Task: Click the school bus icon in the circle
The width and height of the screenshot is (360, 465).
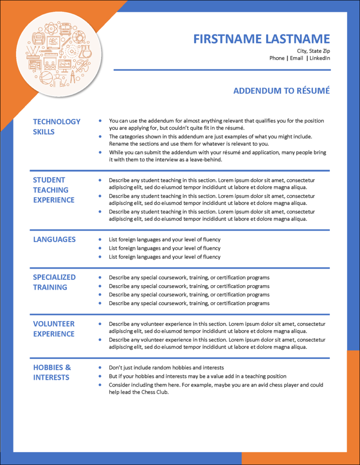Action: (65, 29)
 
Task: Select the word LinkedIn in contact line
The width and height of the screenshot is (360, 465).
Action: (319, 58)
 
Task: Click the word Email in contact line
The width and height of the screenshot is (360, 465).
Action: (296, 58)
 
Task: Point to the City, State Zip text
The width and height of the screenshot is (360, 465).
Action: (313, 51)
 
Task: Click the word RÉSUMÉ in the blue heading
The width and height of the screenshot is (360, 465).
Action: (312, 91)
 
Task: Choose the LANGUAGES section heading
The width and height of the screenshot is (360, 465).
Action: (54, 239)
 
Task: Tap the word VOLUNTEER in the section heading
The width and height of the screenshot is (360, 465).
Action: (54, 324)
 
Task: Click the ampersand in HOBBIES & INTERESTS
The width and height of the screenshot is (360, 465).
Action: (67, 367)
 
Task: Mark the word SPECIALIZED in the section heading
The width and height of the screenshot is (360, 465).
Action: (54, 277)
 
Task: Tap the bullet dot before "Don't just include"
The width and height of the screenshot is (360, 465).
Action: (100, 367)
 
